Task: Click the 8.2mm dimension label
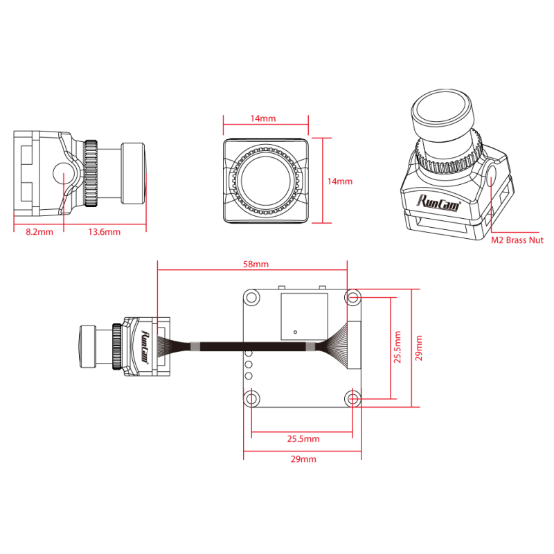click(39, 232)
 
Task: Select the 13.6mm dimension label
click(105, 232)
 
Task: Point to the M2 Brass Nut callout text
click(517, 240)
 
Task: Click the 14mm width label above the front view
click(263, 118)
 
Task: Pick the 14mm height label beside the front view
click(340, 181)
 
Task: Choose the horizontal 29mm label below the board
click(303, 459)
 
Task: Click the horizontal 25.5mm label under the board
click(303, 438)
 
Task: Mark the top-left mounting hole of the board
click(251, 297)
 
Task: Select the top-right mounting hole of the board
click(353, 297)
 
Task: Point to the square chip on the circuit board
click(304, 316)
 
